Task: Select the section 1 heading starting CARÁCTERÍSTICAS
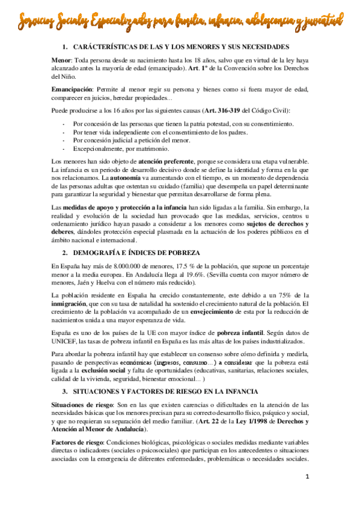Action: [x=180, y=47]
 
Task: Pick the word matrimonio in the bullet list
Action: [x=150, y=149]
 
